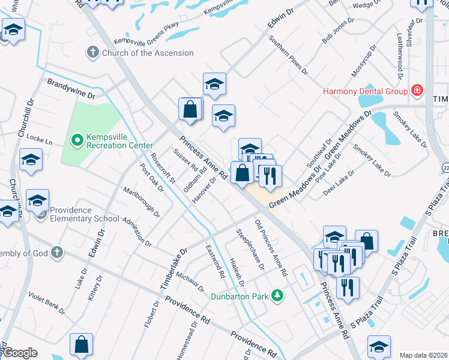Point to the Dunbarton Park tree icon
(277, 295)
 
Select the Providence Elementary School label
(85, 214)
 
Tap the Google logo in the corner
(19, 353)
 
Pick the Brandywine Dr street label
(71, 88)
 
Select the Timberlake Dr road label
(173, 269)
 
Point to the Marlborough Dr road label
(142, 204)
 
